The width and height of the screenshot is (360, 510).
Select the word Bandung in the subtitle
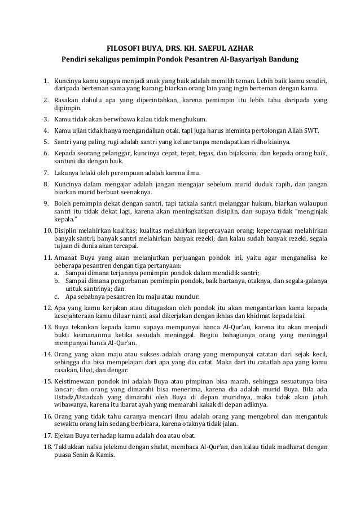[x=286, y=59]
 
